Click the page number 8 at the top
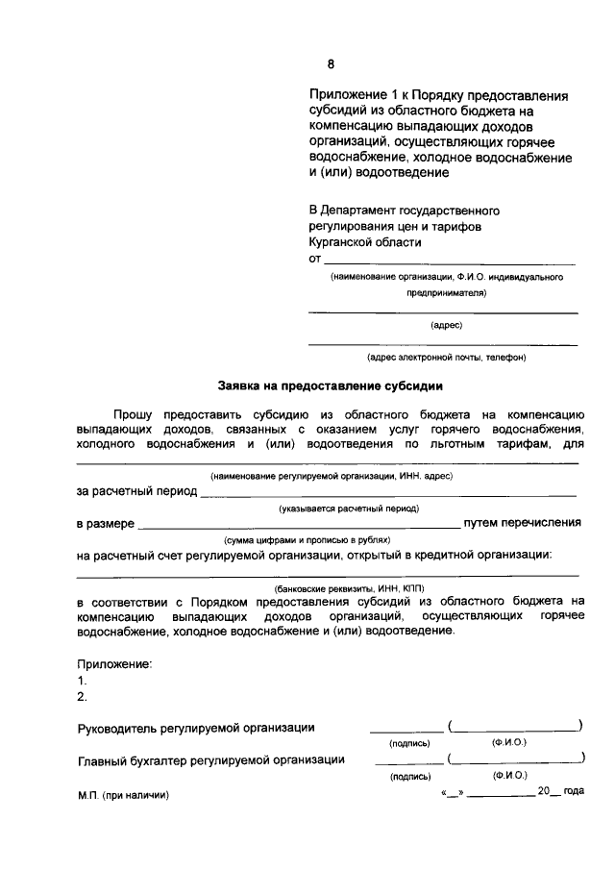pyautogui.click(x=331, y=65)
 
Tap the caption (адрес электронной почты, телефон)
pyautogui.click(x=446, y=357)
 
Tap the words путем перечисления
pyautogui.click(x=522, y=523)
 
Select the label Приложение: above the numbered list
pyautogui.click(x=114, y=664)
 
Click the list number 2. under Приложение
pyautogui.click(x=83, y=697)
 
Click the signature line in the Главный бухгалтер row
pyautogui.click(x=407, y=762)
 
